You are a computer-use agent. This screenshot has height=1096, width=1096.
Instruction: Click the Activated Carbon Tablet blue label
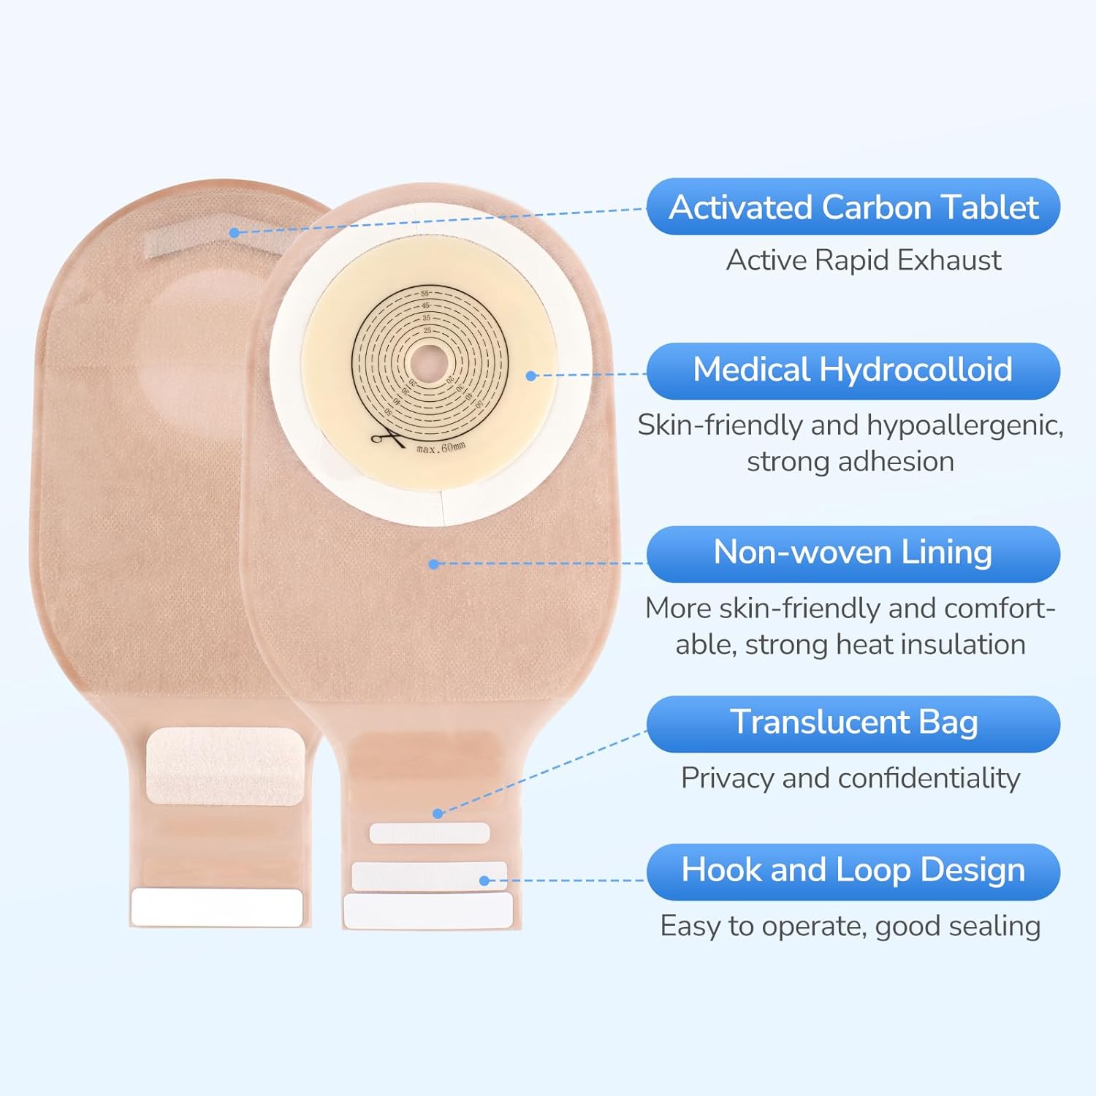853,207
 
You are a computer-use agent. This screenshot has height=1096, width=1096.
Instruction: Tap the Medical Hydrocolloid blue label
853,370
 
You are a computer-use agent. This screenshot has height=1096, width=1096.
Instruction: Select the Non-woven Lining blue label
853,553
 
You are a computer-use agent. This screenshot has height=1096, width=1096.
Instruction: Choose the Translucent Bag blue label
853,723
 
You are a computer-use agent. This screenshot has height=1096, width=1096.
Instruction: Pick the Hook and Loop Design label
853,871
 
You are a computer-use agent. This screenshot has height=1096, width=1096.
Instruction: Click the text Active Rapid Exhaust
864,261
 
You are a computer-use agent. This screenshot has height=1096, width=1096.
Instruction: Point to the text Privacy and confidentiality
850,778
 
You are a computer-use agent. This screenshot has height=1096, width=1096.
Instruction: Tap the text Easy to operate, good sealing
850,926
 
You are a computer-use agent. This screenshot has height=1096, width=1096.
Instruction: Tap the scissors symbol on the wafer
387,438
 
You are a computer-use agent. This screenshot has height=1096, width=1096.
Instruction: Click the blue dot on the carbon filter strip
234,232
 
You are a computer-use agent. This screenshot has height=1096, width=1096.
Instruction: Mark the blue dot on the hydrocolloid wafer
531,376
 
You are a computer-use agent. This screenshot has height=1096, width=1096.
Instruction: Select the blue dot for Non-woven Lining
434,564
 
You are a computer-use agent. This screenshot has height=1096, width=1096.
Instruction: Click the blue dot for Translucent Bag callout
438,813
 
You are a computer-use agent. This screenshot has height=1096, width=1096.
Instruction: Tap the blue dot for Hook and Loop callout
484,880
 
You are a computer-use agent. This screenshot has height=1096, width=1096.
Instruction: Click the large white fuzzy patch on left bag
225,766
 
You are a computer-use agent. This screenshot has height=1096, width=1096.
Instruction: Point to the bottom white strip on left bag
216,907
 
